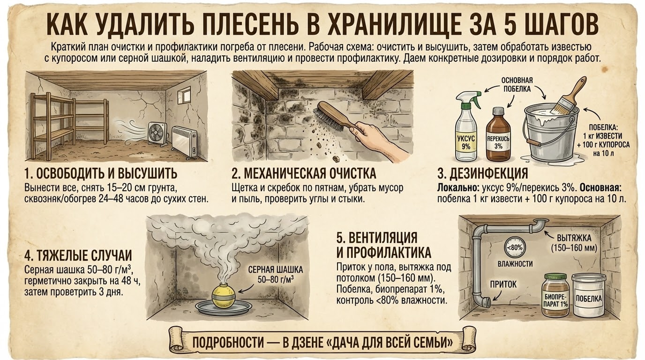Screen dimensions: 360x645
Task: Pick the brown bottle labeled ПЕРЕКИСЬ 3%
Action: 498,135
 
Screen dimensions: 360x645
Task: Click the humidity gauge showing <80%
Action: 515,248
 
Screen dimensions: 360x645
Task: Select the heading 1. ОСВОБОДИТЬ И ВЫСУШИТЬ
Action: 101,175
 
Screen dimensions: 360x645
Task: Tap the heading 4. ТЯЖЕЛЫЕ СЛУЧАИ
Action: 77,255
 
